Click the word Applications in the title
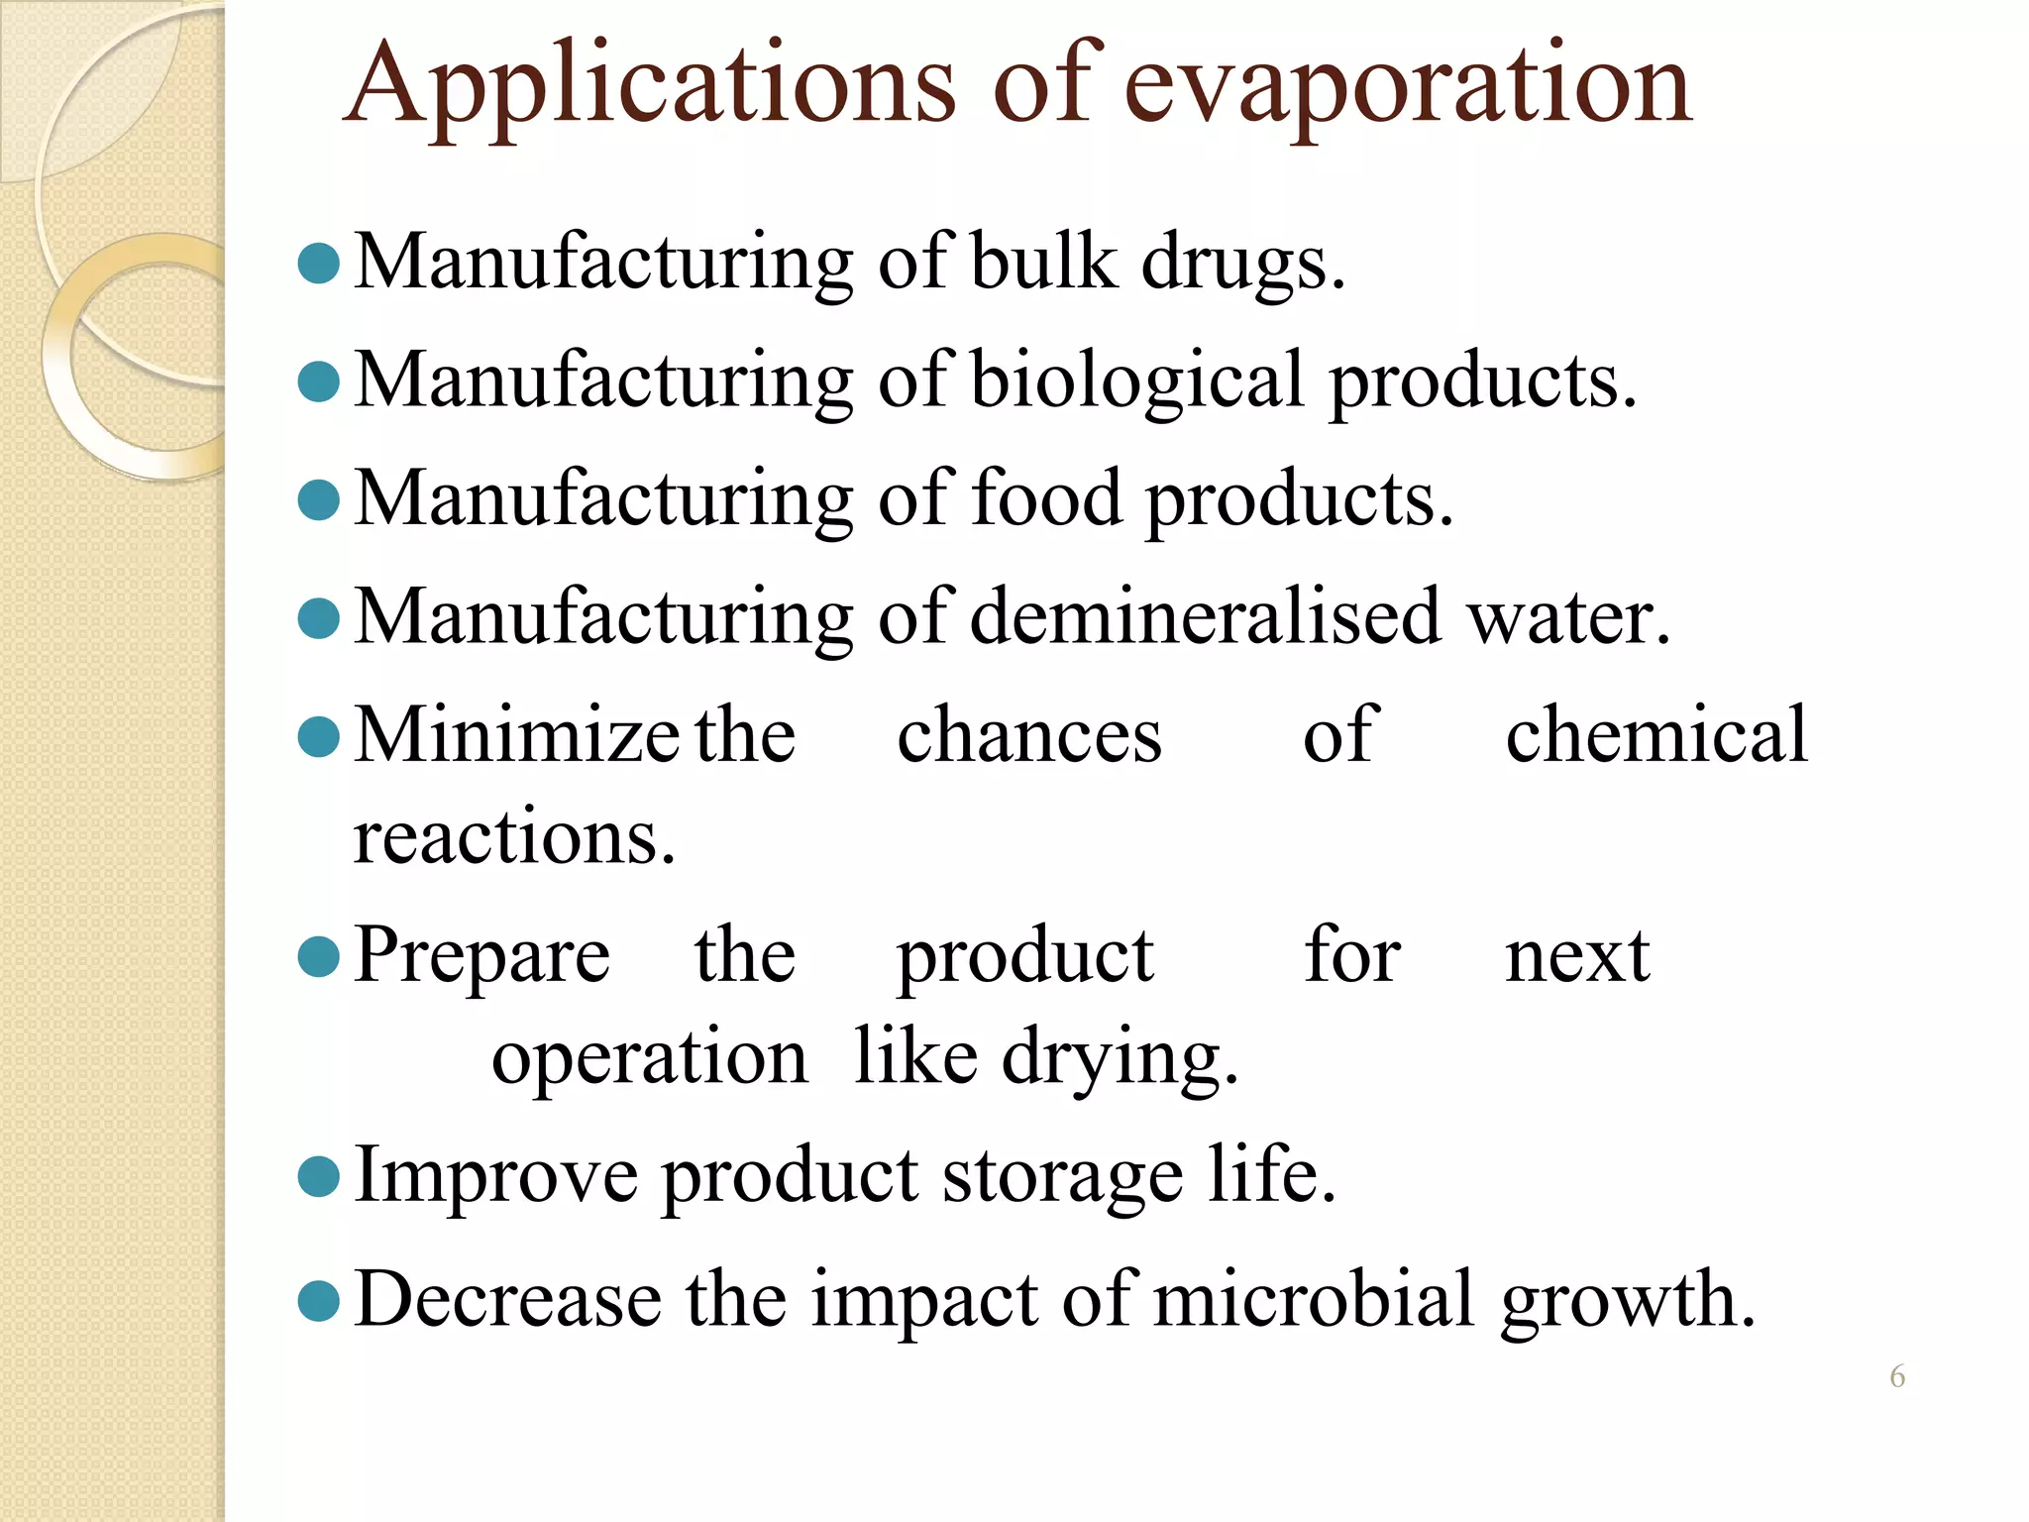click(x=650, y=87)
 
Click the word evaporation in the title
click(x=1407, y=87)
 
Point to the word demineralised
click(x=1205, y=616)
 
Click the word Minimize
click(x=515, y=735)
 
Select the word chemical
click(x=1656, y=735)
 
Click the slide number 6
click(x=1897, y=1376)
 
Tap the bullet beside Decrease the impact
click(x=319, y=1299)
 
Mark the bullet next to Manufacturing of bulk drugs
click(x=319, y=263)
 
